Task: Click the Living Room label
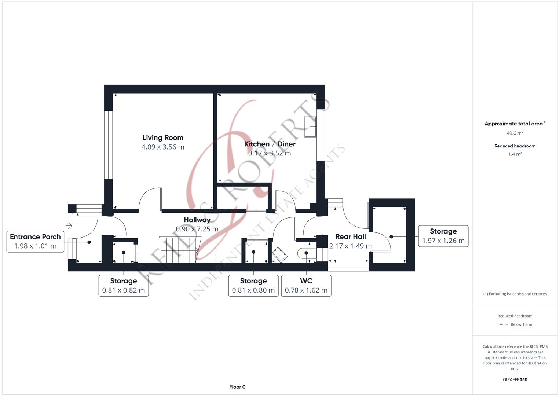tap(163, 138)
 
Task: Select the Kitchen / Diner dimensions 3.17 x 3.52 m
tap(270, 153)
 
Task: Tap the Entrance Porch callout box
tap(35, 241)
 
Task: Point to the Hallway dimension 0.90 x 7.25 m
tap(197, 229)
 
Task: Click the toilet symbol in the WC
tap(306, 253)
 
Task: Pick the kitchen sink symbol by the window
tap(310, 127)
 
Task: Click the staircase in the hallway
tap(179, 249)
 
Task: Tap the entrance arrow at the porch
tap(69, 226)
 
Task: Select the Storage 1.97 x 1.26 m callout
tap(443, 236)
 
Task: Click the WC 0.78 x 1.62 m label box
tap(306, 286)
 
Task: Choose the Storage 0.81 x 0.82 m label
tap(124, 286)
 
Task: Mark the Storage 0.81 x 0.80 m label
tap(253, 286)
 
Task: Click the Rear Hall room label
tap(350, 237)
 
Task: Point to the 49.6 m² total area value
tap(515, 133)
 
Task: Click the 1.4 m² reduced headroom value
tap(515, 154)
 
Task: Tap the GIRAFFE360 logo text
tap(515, 380)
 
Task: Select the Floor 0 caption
tap(237, 387)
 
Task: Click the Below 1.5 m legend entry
tap(521, 324)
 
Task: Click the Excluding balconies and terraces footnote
tap(515, 294)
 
